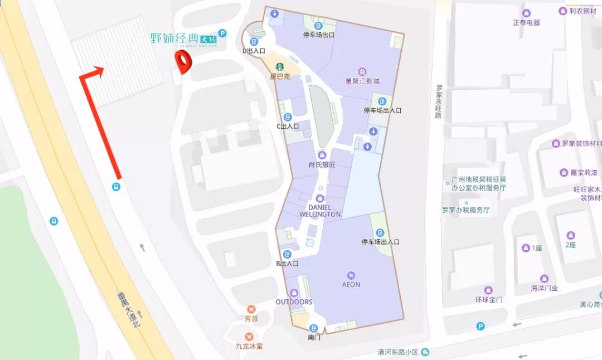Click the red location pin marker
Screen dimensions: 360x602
(x=182, y=61)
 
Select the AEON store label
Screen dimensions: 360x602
(x=351, y=284)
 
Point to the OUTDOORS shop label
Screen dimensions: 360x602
(x=294, y=302)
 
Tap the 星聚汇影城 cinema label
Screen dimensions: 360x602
(x=362, y=81)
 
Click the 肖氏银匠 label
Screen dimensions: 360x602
(x=322, y=164)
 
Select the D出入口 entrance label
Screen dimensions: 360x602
(x=254, y=51)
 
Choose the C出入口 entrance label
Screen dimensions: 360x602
(x=288, y=126)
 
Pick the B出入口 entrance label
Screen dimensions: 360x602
(x=288, y=264)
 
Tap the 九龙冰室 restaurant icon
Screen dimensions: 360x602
(x=249, y=337)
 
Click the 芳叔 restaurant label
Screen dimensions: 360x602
(x=251, y=319)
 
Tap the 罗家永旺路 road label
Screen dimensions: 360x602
(x=439, y=101)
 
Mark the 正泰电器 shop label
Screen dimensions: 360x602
(x=527, y=22)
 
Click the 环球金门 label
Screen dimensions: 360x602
(x=488, y=299)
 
